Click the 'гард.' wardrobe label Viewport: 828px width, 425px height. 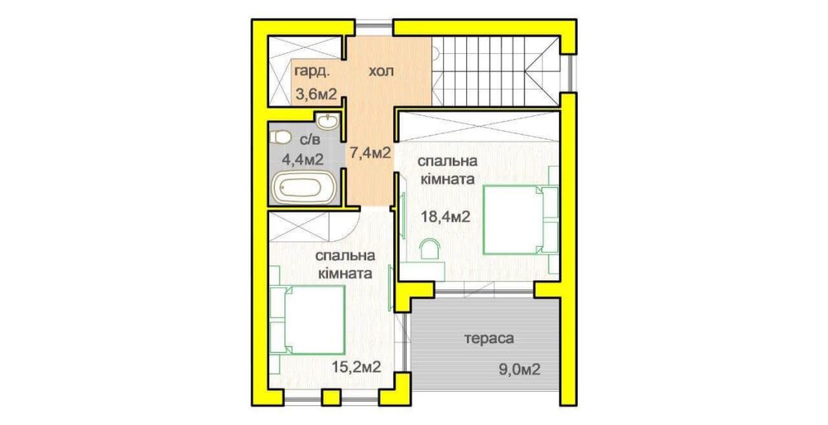pos(308,74)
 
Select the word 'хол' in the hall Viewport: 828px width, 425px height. pos(382,72)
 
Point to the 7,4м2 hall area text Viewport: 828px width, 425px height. pos(369,152)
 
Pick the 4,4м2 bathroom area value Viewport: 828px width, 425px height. pos(301,157)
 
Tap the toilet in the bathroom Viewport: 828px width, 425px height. pos(281,137)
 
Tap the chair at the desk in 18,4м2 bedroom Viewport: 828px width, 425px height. pos(430,249)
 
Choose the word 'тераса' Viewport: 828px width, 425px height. pos(489,339)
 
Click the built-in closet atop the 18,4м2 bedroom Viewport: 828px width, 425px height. pos(476,128)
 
